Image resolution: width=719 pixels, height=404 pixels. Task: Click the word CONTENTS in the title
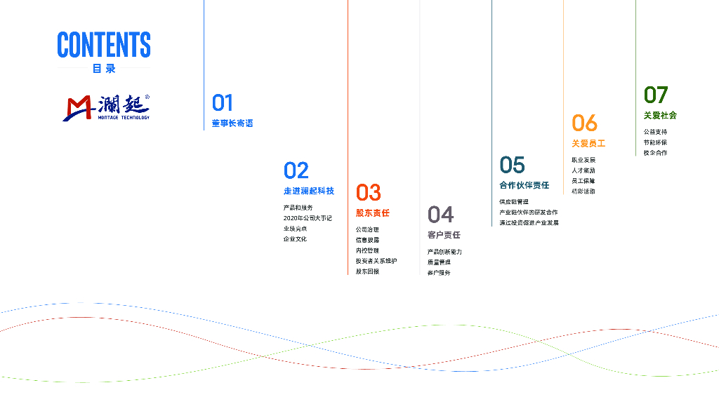[x=104, y=45]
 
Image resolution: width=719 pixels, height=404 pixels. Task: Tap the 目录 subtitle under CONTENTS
[x=104, y=69]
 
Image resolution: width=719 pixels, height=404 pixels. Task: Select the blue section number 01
[x=223, y=103]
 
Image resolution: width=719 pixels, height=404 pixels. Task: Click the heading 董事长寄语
[x=232, y=123]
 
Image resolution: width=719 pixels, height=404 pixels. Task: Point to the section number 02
[x=296, y=170]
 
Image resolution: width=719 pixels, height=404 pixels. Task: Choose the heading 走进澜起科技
[x=309, y=191]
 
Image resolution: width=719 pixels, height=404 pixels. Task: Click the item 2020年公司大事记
[x=308, y=218]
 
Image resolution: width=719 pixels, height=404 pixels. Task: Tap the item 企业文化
[x=295, y=239]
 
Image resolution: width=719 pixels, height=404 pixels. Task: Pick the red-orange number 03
[x=368, y=192]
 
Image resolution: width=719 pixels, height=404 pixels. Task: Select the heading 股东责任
[x=372, y=213]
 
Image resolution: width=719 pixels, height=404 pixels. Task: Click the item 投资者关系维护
[x=376, y=261]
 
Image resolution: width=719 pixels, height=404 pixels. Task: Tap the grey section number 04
[x=440, y=214]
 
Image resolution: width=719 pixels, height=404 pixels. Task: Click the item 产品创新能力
[x=444, y=252]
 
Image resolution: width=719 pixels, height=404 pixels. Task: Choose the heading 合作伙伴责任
[x=524, y=185]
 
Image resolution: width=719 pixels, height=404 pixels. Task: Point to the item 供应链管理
[x=514, y=202]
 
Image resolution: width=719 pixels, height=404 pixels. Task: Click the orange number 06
[x=584, y=123]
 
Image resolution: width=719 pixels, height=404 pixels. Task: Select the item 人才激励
[x=583, y=170]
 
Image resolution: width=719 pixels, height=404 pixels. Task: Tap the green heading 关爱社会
[x=660, y=115]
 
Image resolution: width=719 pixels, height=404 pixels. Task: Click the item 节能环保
[x=655, y=142]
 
